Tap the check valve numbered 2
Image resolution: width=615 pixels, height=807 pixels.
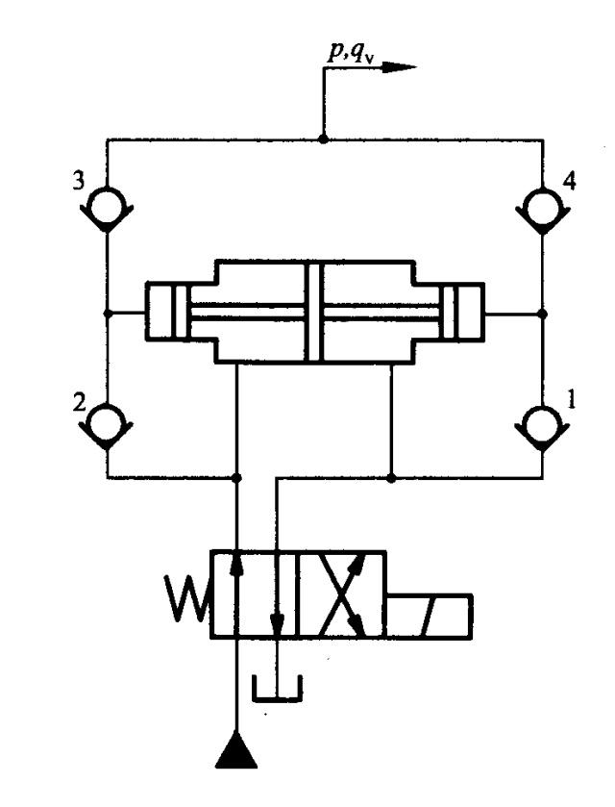107,422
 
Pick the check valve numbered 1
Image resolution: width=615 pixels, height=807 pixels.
543,422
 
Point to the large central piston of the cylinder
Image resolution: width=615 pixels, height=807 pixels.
313,312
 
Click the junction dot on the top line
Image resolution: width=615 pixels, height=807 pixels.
324,139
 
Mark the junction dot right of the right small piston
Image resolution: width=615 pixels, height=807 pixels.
543,313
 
